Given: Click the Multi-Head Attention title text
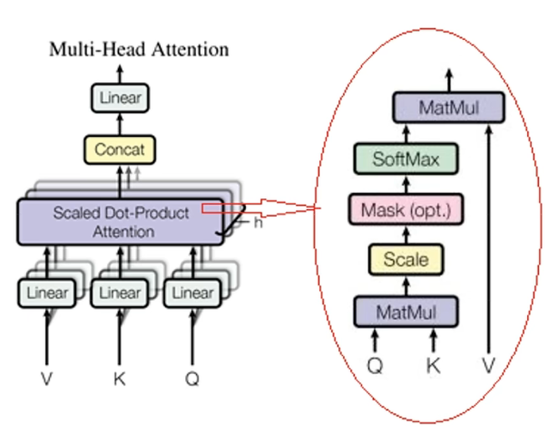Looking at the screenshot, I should (x=138, y=48).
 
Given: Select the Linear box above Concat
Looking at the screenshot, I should (x=120, y=97).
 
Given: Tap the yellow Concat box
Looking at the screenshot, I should (x=120, y=147).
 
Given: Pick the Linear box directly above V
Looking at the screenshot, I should (x=46, y=293).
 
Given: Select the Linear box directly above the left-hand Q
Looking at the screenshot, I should (x=192, y=293).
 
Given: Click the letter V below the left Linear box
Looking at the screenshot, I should (x=46, y=378).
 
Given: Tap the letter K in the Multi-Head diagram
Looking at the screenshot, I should (x=120, y=378).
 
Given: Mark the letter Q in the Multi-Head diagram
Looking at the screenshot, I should (x=192, y=378).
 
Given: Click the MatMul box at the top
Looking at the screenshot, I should (x=447, y=109).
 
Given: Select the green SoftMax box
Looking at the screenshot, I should (x=406, y=160).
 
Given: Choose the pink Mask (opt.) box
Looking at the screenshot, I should (x=406, y=211).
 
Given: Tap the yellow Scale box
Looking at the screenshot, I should (x=406, y=261).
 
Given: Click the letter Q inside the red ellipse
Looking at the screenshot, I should (x=375, y=367).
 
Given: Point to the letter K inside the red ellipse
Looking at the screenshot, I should (x=435, y=367).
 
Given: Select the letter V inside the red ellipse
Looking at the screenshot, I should (x=491, y=367).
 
